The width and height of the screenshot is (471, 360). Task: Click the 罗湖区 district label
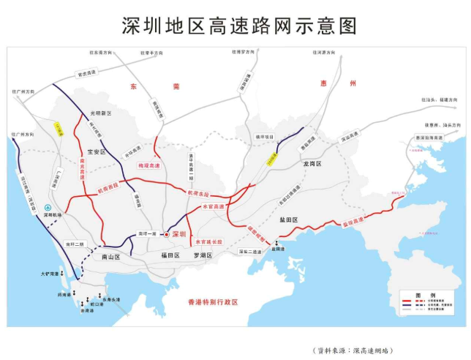pyautogui.click(x=202, y=255)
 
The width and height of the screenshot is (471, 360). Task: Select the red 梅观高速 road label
pyautogui.click(x=148, y=168)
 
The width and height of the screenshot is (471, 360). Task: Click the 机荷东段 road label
pyautogui.click(x=198, y=193)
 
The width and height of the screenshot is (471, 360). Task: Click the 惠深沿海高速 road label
pyautogui.click(x=427, y=137)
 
